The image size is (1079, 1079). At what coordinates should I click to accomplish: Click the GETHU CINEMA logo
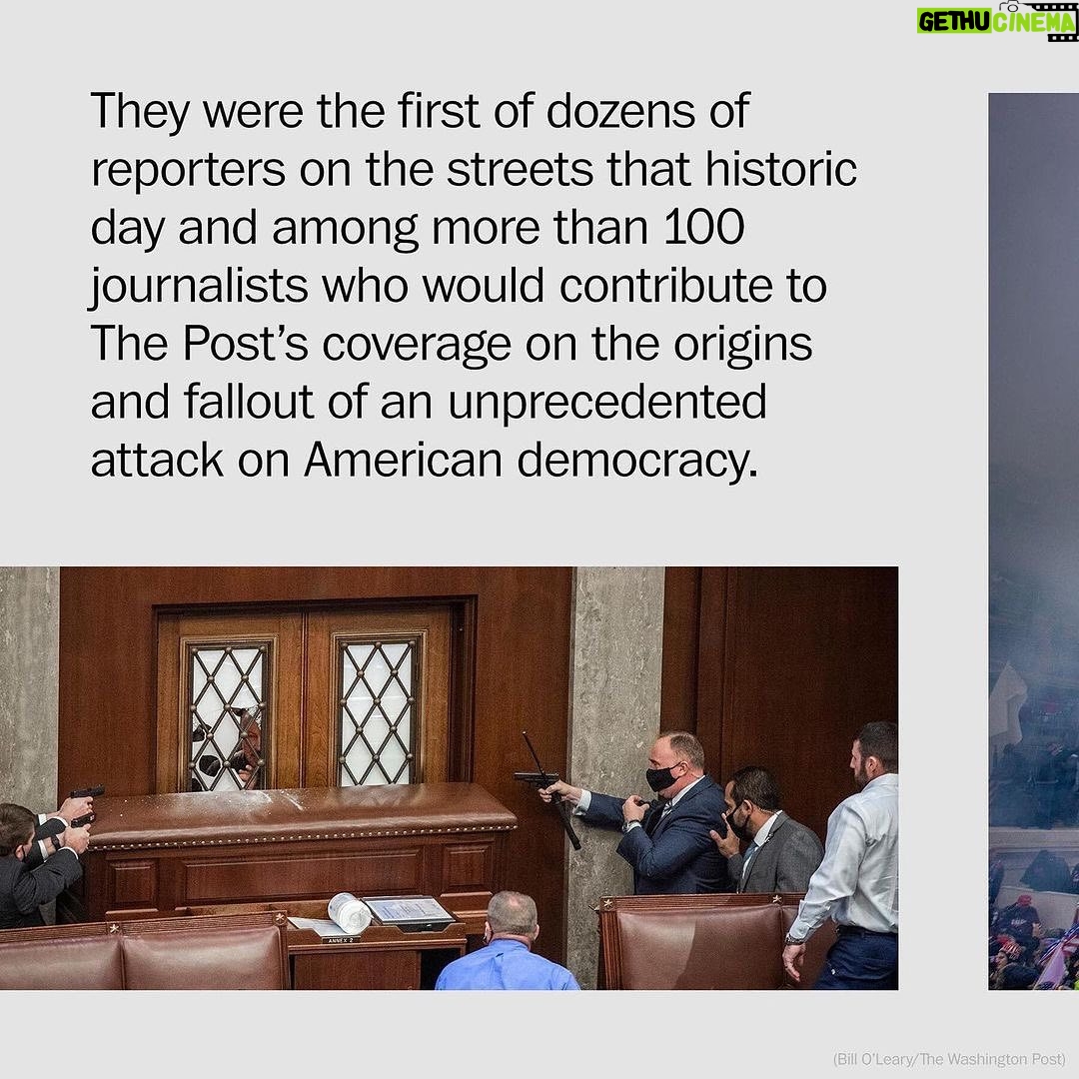[996, 21]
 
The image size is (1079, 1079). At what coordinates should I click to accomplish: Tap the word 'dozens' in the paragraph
[620, 111]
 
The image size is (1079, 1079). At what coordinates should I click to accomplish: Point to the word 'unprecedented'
[607, 403]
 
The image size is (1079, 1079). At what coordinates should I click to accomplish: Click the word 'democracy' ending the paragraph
[636, 461]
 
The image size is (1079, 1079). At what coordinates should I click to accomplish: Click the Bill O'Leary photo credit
[949, 1058]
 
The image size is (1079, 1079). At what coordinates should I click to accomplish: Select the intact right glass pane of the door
[377, 713]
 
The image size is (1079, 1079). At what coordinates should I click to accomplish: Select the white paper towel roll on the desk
[350, 912]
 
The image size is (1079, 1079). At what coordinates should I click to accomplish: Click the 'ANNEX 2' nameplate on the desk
[342, 939]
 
